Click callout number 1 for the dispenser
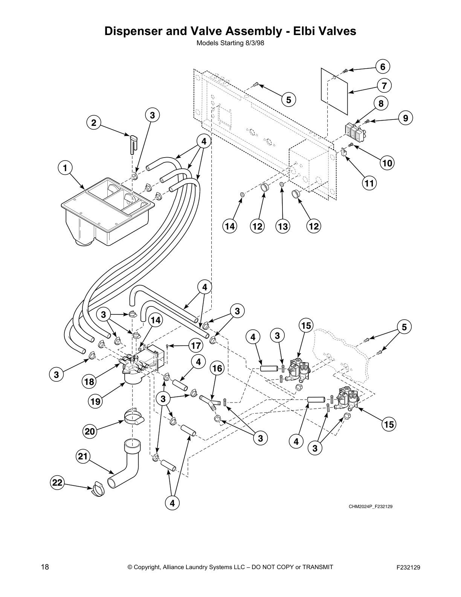[x=65, y=168]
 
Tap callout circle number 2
[x=94, y=122]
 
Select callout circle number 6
[x=383, y=67]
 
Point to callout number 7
[x=384, y=86]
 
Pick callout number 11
[x=369, y=183]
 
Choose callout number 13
[x=283, y=226]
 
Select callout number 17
[x=195, y=345]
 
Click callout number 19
[x=95, y=402]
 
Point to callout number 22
[x=57, y=483]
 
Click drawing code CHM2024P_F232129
[x=370, y=507]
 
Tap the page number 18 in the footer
[x=45, y=567]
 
